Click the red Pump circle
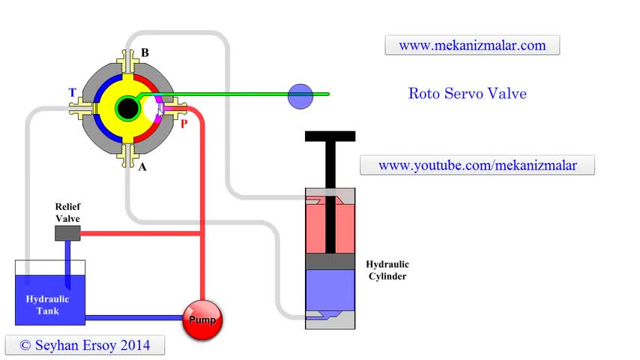pos(202,320)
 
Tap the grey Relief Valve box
pos(67,233)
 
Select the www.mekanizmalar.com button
pos(472,45)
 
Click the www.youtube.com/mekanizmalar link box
pos(477,165)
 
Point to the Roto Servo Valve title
pos(467,94)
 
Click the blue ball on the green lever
pos(301,94)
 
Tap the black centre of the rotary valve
pos(128,109)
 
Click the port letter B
pos(145,53)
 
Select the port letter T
pos(72,93)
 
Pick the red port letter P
pos(184,124)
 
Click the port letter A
pos(142,166)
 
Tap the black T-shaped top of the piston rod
pos(330,137)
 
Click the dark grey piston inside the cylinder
pos(330,261)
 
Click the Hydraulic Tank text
pos(47,304)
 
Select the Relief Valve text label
pos(67,212)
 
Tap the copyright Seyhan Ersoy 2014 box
pos(85,345)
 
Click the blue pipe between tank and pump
pos(135,318)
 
